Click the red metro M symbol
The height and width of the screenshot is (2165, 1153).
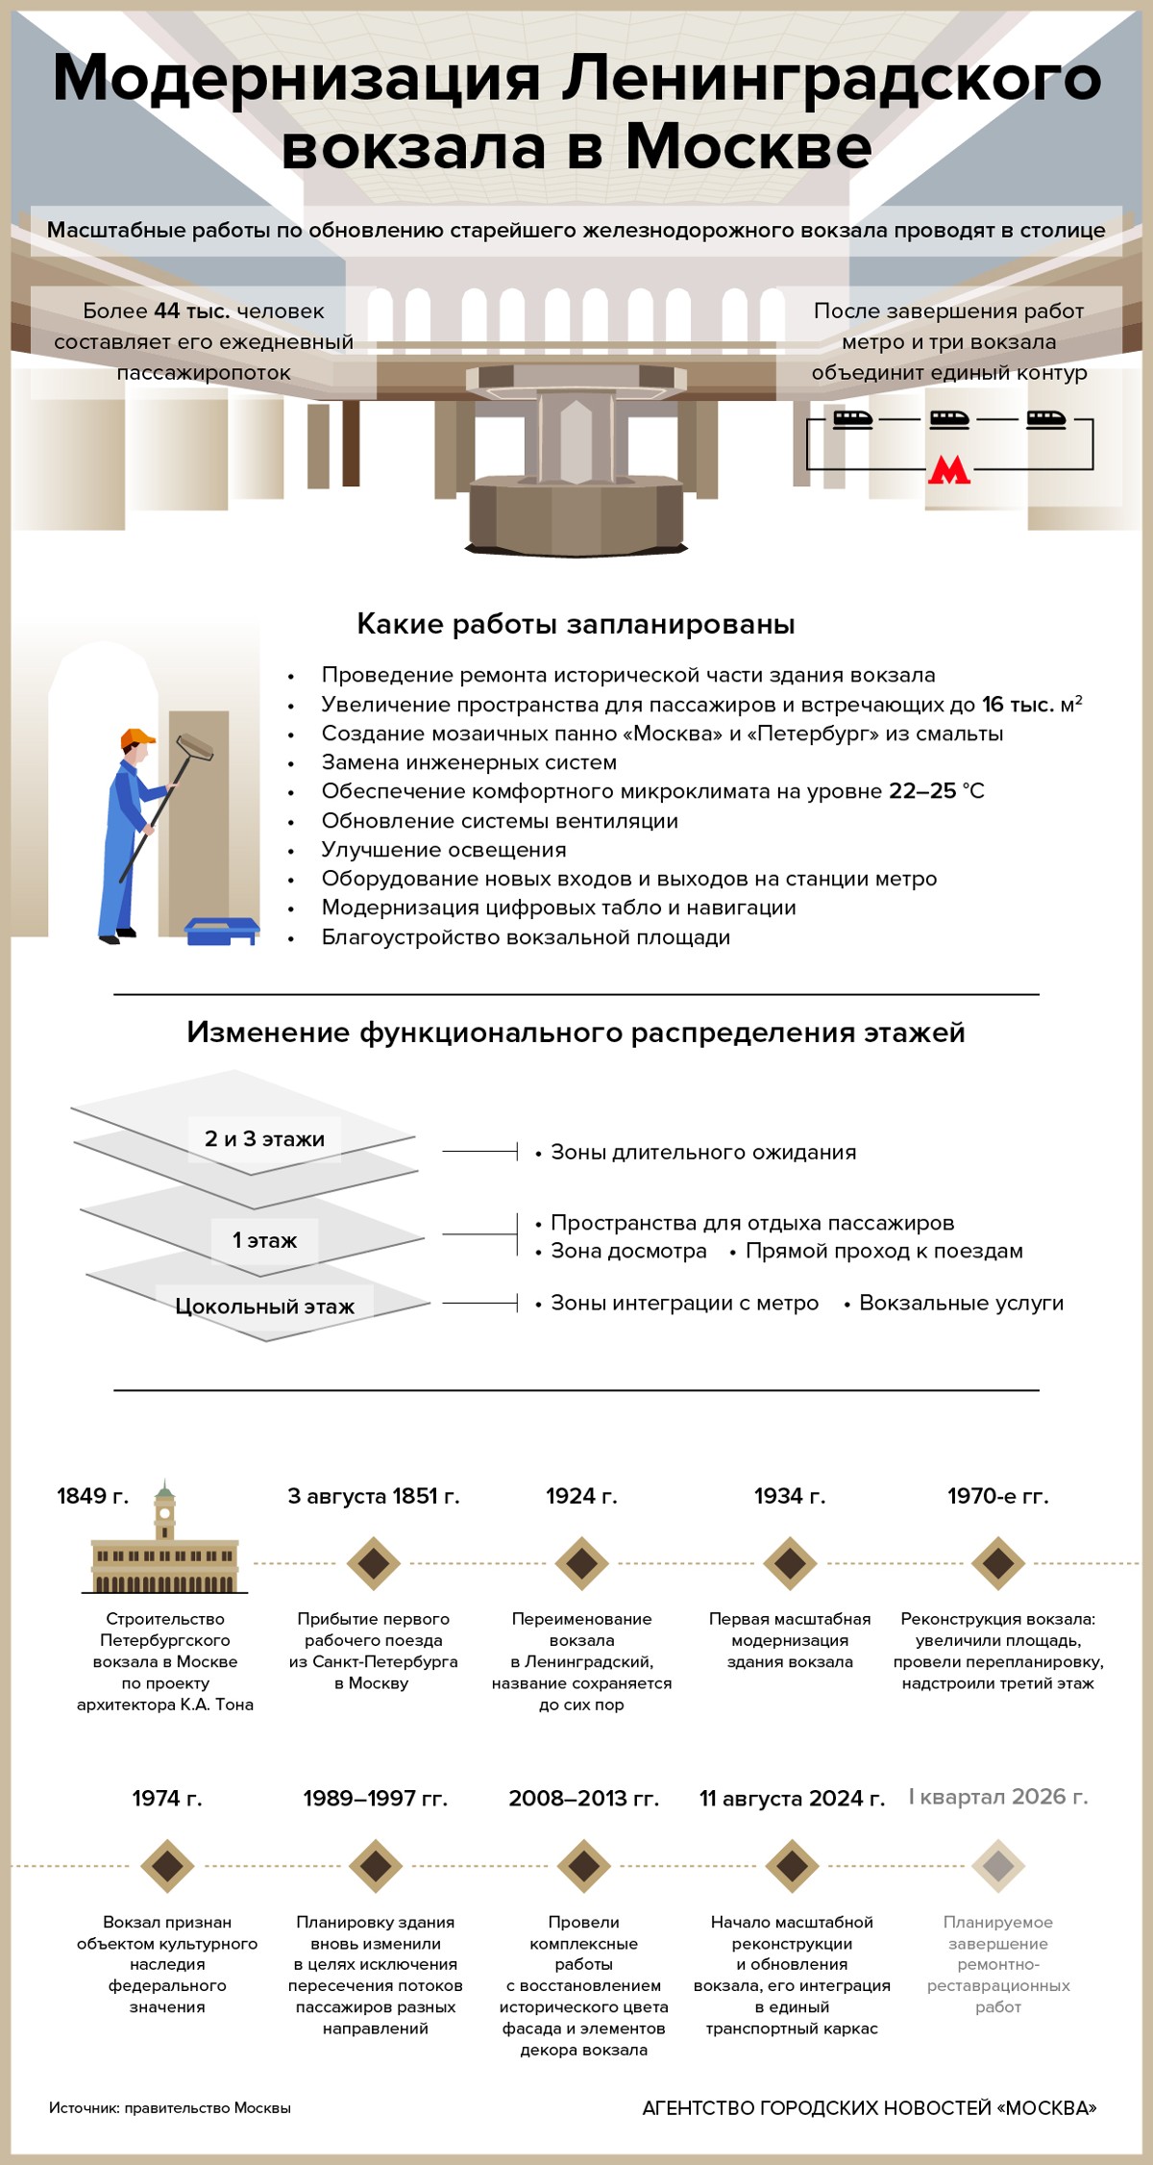tap(948, 470)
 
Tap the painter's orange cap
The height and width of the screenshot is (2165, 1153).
tap(138, 737)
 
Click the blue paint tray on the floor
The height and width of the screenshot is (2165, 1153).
tap(222, 930)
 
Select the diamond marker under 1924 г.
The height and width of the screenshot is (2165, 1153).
tap(581, 1563)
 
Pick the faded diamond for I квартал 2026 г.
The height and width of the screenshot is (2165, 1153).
tap(997, 1866)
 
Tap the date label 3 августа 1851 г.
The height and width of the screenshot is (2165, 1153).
tap(374, 1496)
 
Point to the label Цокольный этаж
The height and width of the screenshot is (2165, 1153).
tap(264, 1306)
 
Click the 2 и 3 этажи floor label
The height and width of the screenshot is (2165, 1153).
tap(264, 1139)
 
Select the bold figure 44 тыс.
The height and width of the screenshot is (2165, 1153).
tap(192, 311)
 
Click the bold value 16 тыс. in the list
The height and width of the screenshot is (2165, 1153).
tap(1018, 705)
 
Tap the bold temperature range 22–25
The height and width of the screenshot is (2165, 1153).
tap(922, 791)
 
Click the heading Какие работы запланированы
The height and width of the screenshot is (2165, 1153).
tap(576, 624)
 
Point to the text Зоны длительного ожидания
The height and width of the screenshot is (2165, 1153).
tap(702, 1152)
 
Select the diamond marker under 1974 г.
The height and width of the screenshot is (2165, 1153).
tap(167, 1866)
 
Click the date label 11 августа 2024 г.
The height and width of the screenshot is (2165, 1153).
tap(792, 1799)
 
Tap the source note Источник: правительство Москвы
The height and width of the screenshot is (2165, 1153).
tap(170, 2107)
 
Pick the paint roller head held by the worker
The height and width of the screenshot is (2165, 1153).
tap(196, 747)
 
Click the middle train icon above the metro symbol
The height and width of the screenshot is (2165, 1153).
tap(949, 420)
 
